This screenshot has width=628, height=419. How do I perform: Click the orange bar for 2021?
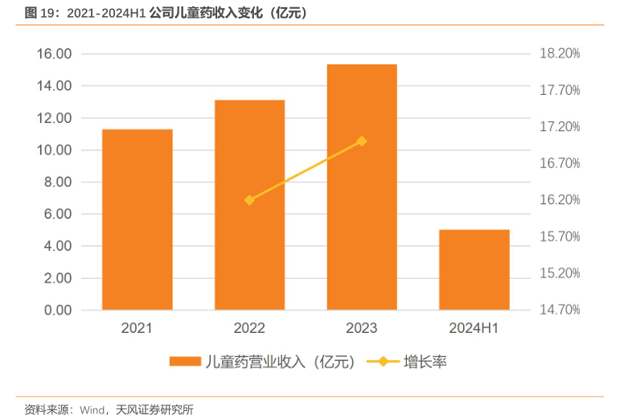point(137,219)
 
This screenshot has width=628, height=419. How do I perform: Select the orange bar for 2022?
point(249,204)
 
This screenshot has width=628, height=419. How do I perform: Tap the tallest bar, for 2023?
point(361,187)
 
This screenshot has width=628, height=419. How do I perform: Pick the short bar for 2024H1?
point(474,269)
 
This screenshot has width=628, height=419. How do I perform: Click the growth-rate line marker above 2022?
point(249,200)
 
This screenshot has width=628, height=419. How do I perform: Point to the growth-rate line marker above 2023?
point(361,141)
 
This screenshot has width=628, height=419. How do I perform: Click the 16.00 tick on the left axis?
point(54,54)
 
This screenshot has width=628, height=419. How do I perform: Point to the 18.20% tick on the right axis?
point(560,54)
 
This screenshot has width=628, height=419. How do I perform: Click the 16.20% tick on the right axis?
point(560,200)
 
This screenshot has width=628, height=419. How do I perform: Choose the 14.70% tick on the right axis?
point(560,310)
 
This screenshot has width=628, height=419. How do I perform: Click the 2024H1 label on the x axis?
point(474,328)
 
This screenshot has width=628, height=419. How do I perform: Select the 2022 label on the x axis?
point(249,328)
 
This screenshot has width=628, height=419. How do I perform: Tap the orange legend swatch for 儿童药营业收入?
point(185,362)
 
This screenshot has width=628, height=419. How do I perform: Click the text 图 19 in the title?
point(39,13)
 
